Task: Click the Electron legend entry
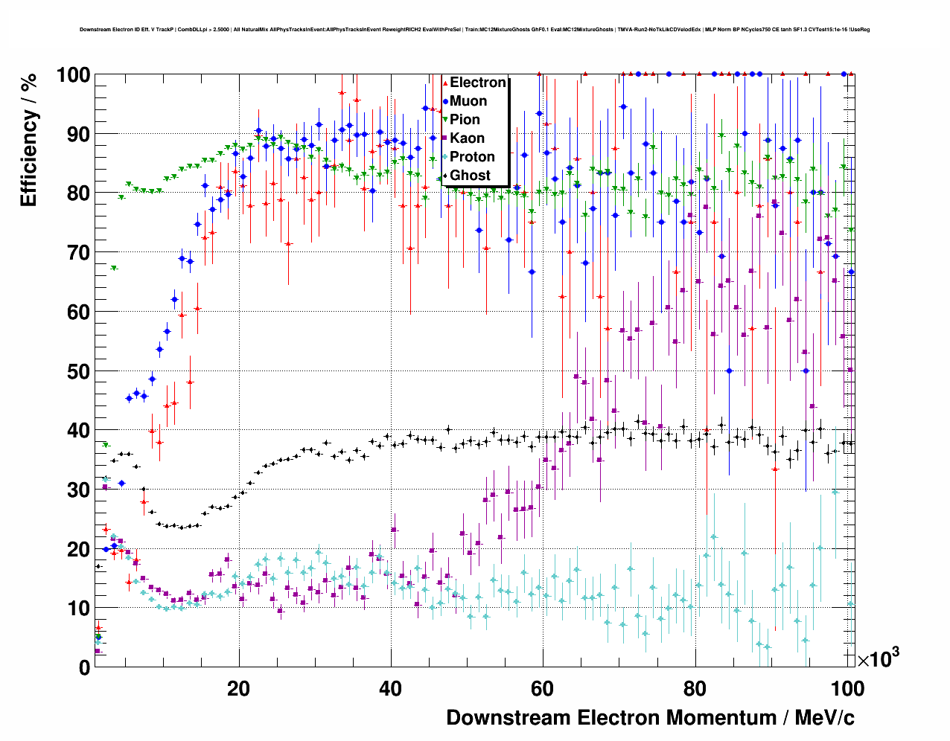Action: (x=477, y=83)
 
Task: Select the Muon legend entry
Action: (x=468, y=101)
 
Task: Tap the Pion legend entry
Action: (x=465, y=120)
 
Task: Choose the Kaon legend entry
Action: (x=467, y=138)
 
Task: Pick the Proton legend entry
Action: (x=472, y=157)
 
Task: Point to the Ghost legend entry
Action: (x=470, y=176)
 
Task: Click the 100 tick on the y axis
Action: (x=73, y=75)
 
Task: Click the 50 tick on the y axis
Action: (x=78, y=371)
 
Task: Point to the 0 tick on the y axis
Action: (x=84, y=667)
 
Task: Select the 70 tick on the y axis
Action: (x=78, y=253)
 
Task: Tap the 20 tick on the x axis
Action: (x=238, y=688)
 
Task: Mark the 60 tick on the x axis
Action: (x=542, y=688)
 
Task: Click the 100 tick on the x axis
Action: (x=847, y=688)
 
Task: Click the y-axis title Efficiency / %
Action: (x=28, y=141)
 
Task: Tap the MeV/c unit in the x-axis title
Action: (x=825, y=718)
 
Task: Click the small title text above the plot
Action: (x=474, y=30)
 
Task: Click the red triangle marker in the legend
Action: (x=445, y=83)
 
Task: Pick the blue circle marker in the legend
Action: (x=445, y=101)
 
